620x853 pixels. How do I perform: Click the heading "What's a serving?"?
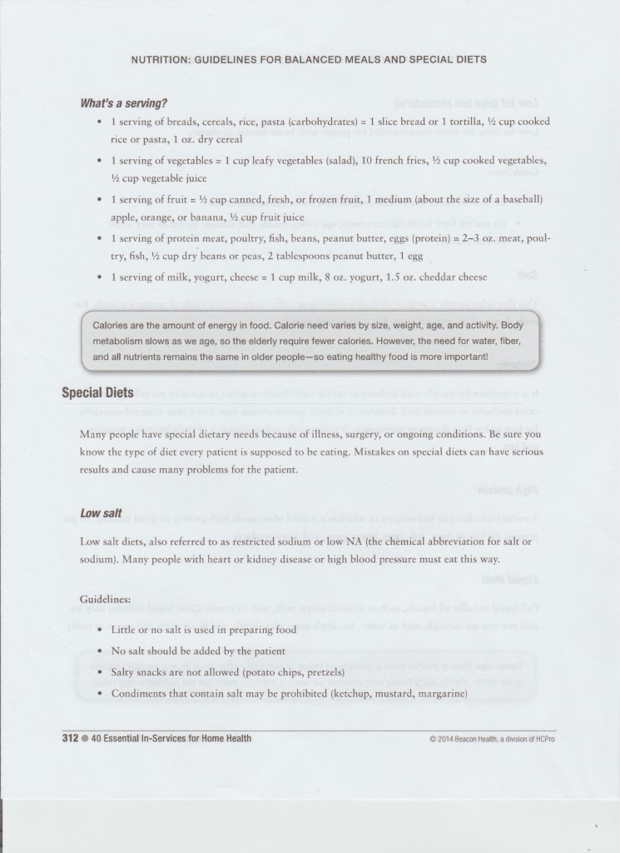(x=123, y=103)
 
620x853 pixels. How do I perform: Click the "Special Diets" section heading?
(x=97, y=392)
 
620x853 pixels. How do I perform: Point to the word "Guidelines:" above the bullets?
(x=106, y=600)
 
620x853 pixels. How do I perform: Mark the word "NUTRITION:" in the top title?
(x=163, y=60)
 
